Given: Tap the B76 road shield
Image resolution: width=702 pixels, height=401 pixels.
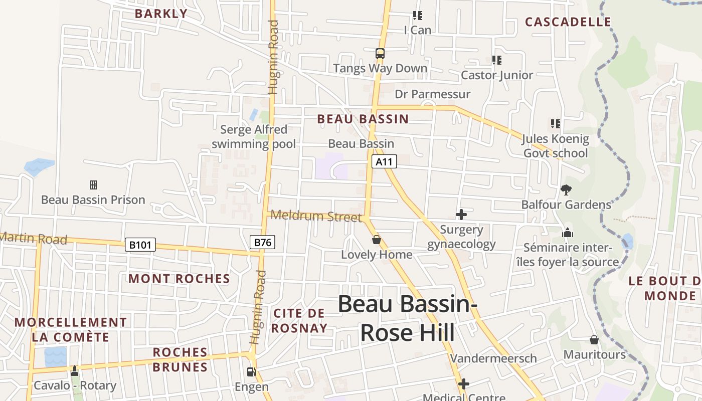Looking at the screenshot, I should [x=263, y=243].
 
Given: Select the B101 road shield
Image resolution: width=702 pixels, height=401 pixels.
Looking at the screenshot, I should [x=140, y=245].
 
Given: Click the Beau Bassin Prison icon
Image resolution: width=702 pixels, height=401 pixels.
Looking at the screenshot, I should [x=93, y=185].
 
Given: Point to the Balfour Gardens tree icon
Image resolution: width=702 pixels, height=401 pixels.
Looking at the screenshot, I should [x=566, y=189].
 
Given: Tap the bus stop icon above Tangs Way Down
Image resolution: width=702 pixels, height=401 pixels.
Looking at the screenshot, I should [x=380, y=53].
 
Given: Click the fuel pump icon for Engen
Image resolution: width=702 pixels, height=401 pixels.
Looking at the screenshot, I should [x=251, y=372].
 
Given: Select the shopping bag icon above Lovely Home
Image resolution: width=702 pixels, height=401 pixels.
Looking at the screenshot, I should [x=377, y=240].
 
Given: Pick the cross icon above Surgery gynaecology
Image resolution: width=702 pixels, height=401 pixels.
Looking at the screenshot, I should [x=461, y=215].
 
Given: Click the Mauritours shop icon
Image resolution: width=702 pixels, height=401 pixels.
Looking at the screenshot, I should [x=594, y=340].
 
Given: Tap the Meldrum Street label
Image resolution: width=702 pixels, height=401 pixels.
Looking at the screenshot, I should [x=316, y=216].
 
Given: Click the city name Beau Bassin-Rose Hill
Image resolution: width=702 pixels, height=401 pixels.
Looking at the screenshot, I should [x=407, y=318].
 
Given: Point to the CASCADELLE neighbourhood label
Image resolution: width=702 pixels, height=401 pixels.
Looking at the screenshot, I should [x=568, y=22].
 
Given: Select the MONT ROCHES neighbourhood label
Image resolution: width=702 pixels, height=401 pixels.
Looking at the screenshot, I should [x=179, y=279].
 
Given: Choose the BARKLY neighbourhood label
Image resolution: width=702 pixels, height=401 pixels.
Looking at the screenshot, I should [x=161, y=14].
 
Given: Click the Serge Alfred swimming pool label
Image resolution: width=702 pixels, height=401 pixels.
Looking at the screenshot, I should [x=254, y=137].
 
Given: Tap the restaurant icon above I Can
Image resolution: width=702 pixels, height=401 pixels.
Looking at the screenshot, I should [x=417, y=16].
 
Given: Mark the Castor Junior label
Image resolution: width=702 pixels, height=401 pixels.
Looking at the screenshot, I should [x=497, y=75].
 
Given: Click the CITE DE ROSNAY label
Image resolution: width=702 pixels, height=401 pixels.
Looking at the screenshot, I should [x=300, y=321].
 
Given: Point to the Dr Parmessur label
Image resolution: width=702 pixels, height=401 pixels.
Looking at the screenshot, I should [x=433, y=94].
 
